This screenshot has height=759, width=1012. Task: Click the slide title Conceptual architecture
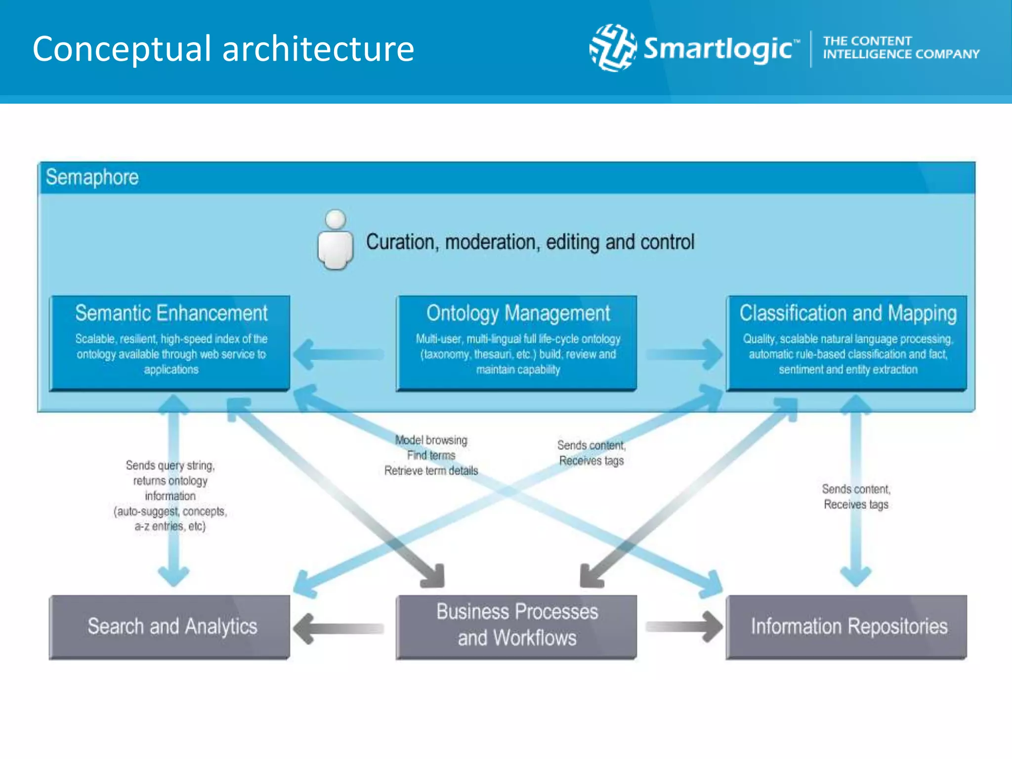223,49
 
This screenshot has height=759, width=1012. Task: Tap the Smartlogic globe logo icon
613,48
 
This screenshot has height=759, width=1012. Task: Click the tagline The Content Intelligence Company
900,47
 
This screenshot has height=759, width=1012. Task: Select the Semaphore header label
92,177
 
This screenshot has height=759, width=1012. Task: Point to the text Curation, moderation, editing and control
530,242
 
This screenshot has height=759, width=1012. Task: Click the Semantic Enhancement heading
171,313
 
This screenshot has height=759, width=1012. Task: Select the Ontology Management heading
518,313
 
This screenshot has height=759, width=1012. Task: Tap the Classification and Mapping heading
848,313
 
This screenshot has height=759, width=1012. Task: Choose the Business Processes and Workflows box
516,627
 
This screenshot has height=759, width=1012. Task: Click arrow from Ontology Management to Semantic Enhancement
339,354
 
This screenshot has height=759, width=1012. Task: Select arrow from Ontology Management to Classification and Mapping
684,354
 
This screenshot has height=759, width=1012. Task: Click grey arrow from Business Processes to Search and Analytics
339,628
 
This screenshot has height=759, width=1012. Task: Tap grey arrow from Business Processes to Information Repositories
684,627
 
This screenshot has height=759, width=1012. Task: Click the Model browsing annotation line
431,440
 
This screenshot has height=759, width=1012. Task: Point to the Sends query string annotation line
170,465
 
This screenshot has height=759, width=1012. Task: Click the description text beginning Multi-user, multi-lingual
518,354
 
